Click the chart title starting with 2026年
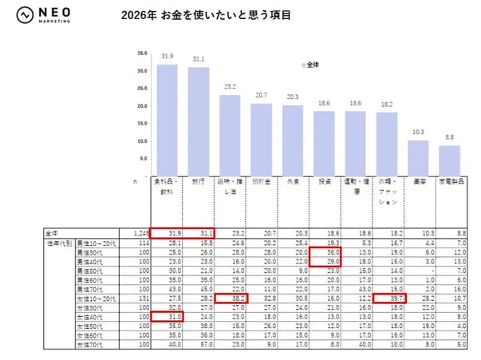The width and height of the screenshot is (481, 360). click(x=205, y=14)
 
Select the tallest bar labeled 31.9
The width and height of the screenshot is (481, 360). click(x=167, y=120)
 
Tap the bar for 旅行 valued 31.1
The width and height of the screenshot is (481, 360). click(x=199, y=121)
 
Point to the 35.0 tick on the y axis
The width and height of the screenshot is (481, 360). click(x=142, y=53)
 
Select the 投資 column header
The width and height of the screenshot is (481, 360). click(x=324, y=183)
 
